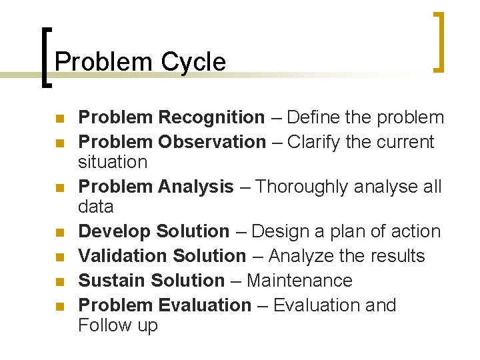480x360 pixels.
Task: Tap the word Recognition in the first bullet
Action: point(211,117)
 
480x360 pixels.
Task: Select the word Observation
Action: point(212,141)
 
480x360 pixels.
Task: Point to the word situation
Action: point(113,161)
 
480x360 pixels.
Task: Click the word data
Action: point(96,206)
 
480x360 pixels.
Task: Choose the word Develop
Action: point(115,231)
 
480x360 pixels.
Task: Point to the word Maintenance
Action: point(299,281)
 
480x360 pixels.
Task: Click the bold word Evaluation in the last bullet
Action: point(205,305)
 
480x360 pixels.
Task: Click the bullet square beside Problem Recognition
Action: point(59,119)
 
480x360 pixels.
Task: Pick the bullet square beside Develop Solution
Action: point(59,233)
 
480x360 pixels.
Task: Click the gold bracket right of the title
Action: point(439,41)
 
